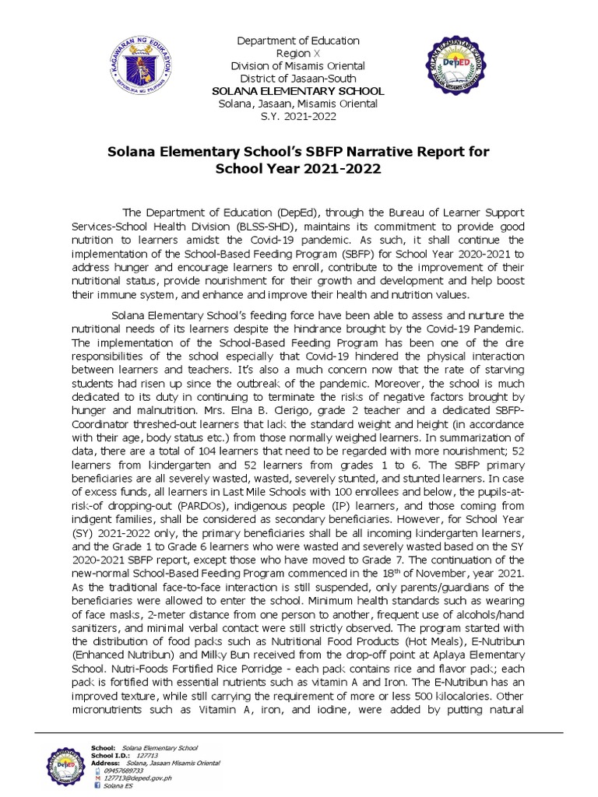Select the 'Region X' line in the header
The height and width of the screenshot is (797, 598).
(x=287, y=54)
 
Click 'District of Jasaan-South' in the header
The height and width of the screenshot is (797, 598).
(x=287, y=79)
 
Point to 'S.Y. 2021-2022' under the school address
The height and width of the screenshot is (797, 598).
(x=287, y=116)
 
